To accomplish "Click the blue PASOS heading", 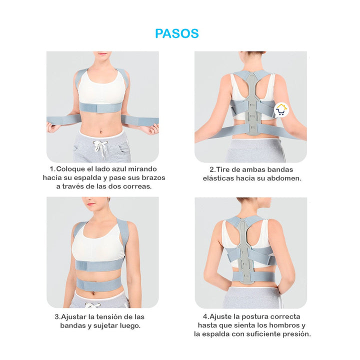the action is click(x=177, y=33).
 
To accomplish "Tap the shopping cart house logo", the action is click(x=281, y=109).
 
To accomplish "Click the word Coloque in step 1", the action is click(x=71, y=169).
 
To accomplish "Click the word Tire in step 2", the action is click(x=223, y=169).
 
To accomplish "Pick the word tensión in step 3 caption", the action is click(x=111, y=317).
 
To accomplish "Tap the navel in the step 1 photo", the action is click(x=101, y=132).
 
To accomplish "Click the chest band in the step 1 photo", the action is click(x=101, y=108).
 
